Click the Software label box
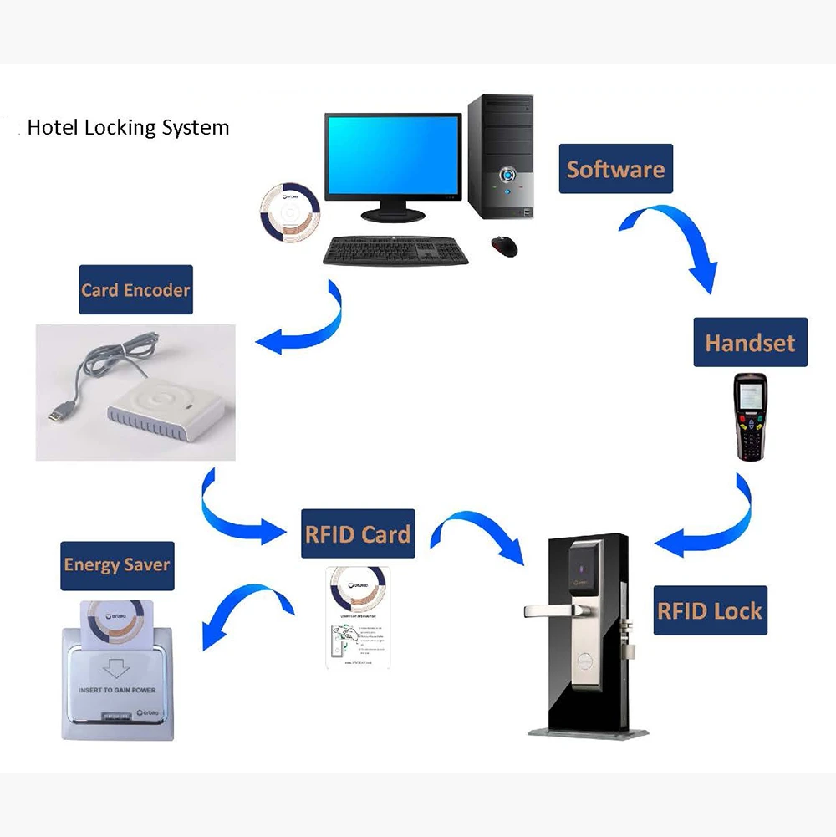(616, 169)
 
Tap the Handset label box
(750, 342)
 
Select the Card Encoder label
(135, 290)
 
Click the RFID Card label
(358, 533)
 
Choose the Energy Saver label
(117, 564)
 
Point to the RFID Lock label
(710, 610)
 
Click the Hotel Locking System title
(128, 128)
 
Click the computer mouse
(504, 245)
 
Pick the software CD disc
(289, 210)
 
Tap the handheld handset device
(750, 417)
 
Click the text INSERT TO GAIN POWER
(118, 690)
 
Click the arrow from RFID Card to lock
(485, 535)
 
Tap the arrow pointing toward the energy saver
(242, 610)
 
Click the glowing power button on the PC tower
(507, 176)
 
